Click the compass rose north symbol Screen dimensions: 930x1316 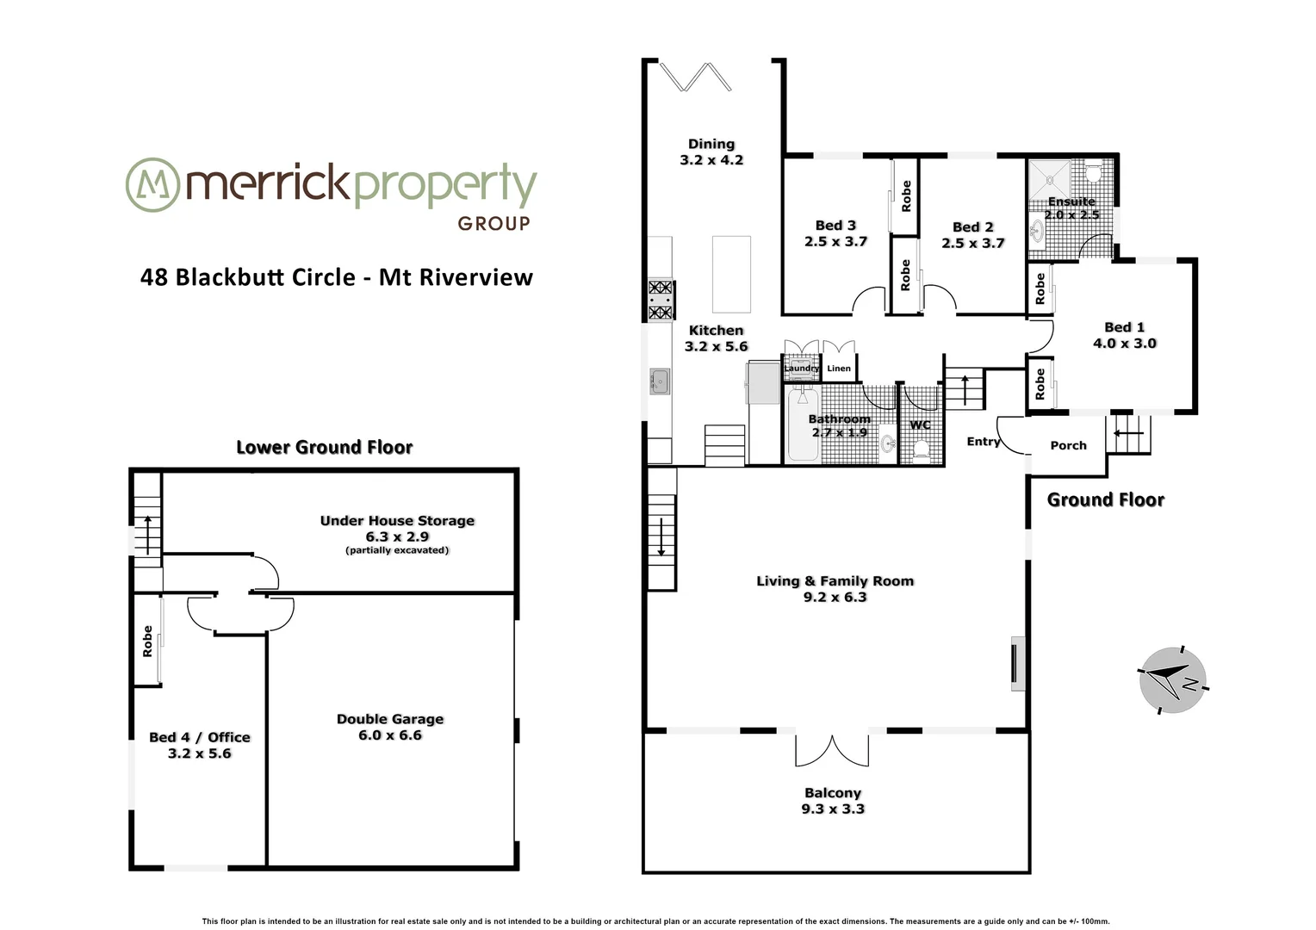pyautogui.click(x=1172, y=679)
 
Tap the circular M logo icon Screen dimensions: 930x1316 pyautogui.click(x=152, y=184)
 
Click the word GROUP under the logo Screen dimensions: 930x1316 pyautogui.click(x=493, y=224)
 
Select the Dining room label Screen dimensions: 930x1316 pyautogui.click(x=711, y=144)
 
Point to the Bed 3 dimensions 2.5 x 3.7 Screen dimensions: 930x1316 pyautogui.click(x=835, y=242)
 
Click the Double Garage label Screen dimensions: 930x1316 pyautogui.click(x=390, y=719)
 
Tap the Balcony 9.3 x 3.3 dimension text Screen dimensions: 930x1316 pyautogui.click(x=833, y=809)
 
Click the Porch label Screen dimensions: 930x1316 pyautogui.click(x=1068, y=445)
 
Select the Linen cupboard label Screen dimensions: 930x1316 pyautogui.click(x=839, y=369)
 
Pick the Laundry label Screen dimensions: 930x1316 pyautogui.click(x=801, y=369)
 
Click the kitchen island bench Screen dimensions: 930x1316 pyautogui.click(x=731, y=274)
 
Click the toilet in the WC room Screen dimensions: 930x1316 pyautogui.click(x=921, y=449)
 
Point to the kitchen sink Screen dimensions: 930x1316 pyautogui.click(x=661, y=380)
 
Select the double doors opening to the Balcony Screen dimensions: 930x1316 pyautogui.click(x=833, y=750)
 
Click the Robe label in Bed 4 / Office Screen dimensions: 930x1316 pyautogui.click(x=147, y=642)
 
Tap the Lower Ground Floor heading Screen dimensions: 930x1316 pyautogui.click(x=325, y=447)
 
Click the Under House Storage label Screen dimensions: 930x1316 pyautogui.click(x=397, y=521)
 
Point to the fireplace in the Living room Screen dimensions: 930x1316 pyautogui.click(x=1017, y=663)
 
